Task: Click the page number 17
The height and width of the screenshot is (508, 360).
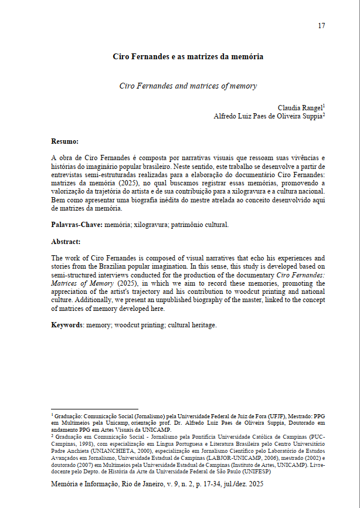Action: (321, 25)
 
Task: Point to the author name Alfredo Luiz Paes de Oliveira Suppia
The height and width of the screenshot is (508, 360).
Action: (267, 116)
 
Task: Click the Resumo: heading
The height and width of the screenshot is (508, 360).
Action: (64, 141)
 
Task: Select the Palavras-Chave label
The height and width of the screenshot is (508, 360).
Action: (76, 225)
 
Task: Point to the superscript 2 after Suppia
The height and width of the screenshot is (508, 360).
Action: (324, 114)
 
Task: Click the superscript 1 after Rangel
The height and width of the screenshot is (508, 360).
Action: (324, 106)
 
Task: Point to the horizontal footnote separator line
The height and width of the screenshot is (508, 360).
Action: (94, 409)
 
